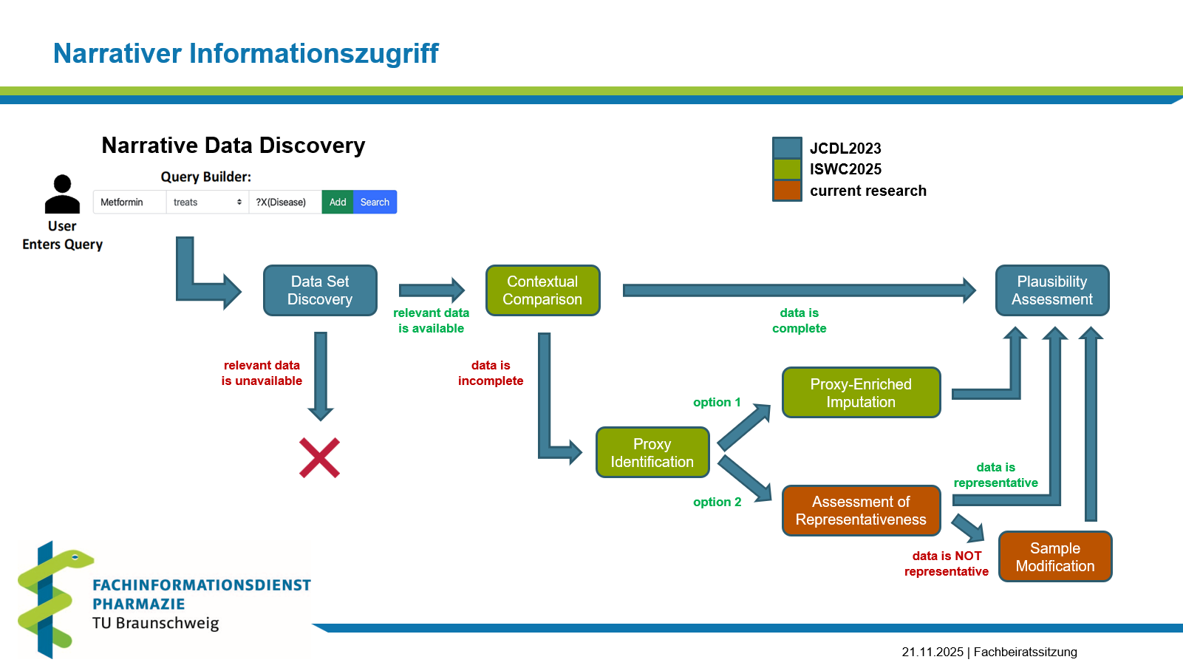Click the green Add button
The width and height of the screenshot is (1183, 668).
click(338, 202)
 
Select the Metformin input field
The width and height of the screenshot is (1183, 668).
click(130, 202)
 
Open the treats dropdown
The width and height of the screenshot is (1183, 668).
click(208, 202)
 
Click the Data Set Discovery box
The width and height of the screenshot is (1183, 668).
click(320, 290)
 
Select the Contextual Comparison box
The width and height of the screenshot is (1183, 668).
click(542, 290)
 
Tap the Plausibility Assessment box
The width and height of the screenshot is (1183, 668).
click(1052, 290)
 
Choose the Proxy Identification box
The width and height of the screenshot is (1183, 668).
click(652, 452)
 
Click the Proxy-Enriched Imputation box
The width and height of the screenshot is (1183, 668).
click(861, 393)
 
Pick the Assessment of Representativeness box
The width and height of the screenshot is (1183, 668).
click(861, 511)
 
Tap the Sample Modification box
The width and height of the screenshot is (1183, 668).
click(1055, 556)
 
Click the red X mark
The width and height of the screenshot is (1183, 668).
click(319, 458)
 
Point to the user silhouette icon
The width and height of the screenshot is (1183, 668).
click(62, 194)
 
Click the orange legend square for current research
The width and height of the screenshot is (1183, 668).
click(787, 191)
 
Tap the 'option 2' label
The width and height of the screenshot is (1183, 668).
click(717, 502)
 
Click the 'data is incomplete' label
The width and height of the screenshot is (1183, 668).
click(491, 373)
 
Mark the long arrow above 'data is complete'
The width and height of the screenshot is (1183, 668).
click(800, 290)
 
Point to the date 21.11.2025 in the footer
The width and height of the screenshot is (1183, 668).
click(933, 652)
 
